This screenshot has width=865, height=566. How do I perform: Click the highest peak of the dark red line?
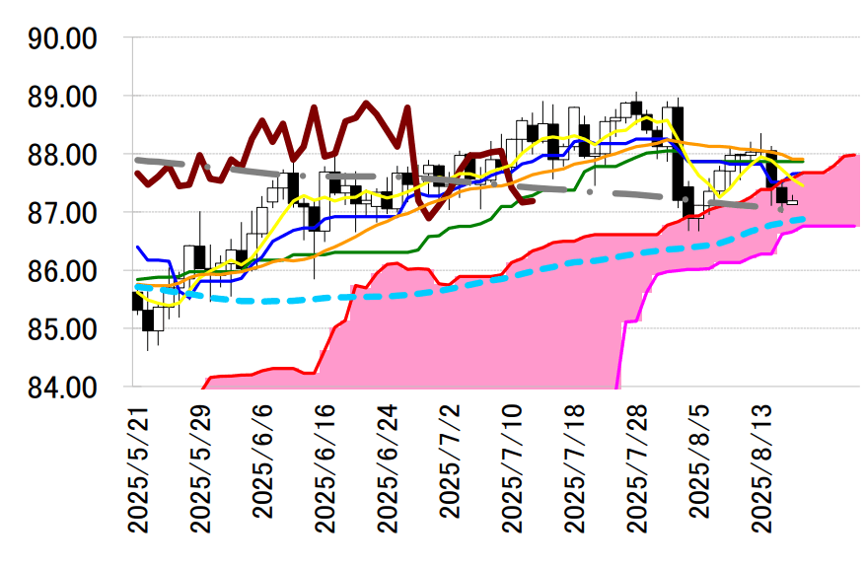click(x=367, y=103)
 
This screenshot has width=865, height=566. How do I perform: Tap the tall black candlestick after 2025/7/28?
click(x=679, y=153)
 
